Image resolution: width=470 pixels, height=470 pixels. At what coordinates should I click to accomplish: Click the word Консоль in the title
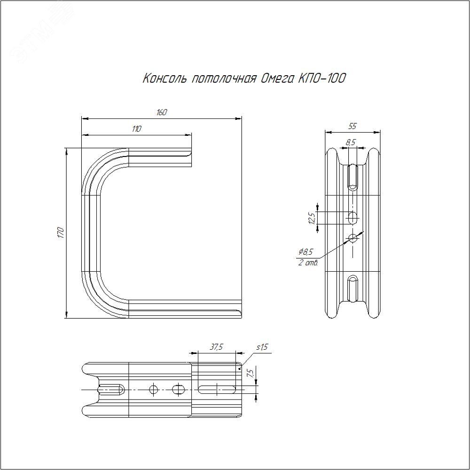[165, 78]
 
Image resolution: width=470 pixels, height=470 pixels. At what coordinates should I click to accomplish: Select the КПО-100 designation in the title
[322, 78]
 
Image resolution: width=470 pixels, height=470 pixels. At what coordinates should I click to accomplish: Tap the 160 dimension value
[162, 112]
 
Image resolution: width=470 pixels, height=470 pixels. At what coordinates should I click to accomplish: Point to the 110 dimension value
[136, 129]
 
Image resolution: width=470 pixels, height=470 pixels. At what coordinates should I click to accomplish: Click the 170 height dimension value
[61, 233]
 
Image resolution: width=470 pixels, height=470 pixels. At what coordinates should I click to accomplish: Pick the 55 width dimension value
[352, 126]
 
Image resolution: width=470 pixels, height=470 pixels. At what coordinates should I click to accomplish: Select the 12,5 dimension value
[312, 219]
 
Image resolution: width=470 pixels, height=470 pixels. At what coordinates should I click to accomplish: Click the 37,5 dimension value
[216, 347]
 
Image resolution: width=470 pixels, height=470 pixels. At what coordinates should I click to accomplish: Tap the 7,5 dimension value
[251, 373]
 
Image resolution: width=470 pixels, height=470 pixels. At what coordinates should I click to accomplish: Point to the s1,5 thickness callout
[262, 347]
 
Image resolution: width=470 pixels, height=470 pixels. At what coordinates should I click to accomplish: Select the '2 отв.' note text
[308, 263]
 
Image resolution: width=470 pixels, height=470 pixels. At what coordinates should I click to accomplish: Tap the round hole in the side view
[353, 238]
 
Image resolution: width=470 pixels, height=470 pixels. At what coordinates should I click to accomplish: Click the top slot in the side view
[353, 178]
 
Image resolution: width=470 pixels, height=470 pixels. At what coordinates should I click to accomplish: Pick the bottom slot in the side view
[353, 289]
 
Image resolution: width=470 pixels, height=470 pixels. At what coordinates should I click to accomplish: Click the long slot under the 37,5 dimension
[217, 390]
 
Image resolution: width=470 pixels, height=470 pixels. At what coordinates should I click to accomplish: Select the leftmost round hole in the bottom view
[154, 390]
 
